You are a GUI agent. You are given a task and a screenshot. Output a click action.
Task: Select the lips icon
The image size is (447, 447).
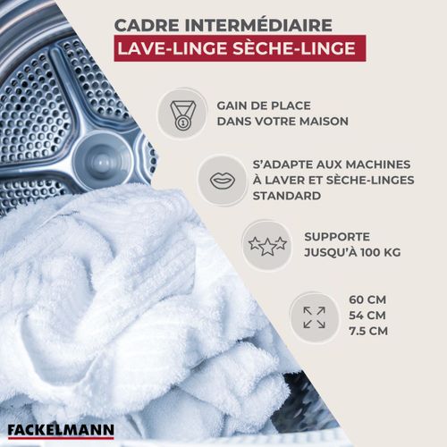223,179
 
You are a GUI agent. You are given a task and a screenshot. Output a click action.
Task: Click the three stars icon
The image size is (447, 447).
266,245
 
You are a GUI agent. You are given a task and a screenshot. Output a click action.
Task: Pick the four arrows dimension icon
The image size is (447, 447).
314,316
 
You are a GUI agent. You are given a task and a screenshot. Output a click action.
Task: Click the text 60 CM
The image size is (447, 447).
367,299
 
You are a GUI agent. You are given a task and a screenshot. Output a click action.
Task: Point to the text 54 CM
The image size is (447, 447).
367,316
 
